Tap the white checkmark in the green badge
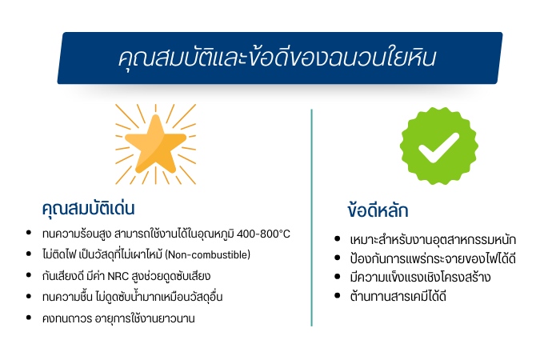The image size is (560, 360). [438, 146]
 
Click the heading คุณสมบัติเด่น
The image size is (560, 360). [88, 208]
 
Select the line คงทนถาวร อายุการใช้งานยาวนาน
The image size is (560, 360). [118, 318]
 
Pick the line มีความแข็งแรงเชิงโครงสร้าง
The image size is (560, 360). [421, 278]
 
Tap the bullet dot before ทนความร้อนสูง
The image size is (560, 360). [29, 234]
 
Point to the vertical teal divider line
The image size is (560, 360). [311, 216]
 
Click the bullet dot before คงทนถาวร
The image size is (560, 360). [29, 318]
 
